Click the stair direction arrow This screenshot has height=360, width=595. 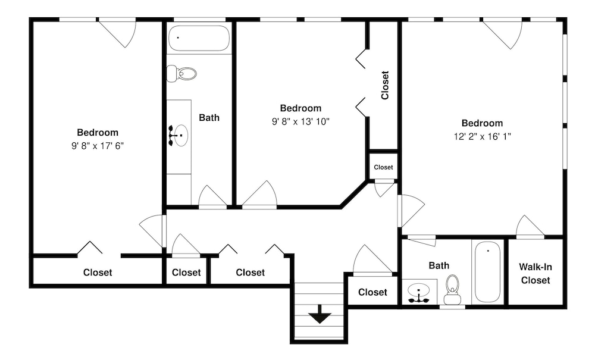click(x=320, y=313)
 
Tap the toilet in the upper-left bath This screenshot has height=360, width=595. click(x=182, y=74)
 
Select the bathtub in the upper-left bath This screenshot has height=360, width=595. click(x=199, y=38)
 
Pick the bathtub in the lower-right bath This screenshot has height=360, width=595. click(x=488, y=272)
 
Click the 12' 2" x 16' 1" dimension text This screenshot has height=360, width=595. click(x=483, y=136)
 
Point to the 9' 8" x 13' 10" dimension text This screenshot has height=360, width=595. click(x=301, y=121)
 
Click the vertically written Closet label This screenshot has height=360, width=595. click(x=385, y=85)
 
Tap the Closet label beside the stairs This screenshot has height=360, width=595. click(x=373, y=292)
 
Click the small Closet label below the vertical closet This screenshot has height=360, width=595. click(x=383, y=167)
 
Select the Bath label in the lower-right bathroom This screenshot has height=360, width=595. click(x=439, y=265)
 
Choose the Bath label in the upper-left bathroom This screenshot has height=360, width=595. click(x=209, y=118)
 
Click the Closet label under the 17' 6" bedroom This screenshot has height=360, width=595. click(x=98, y=273)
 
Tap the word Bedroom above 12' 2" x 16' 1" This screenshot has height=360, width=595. click(x=483, y=123)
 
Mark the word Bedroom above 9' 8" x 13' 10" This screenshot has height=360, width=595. click(x=301, y=108)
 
